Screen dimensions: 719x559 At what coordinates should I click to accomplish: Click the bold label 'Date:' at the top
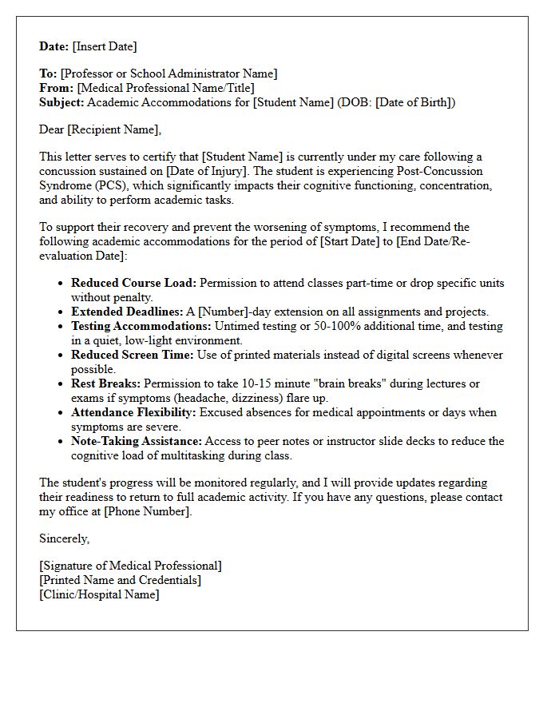(x=55, y=46)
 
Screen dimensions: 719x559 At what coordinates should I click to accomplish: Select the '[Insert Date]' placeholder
(x=105, y=46)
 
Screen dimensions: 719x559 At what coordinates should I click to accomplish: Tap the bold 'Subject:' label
(x=61, y=102)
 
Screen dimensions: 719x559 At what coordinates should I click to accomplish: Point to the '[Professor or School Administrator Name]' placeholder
(x=168, y=73)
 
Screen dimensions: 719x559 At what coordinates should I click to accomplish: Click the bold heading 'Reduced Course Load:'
(x=133, y=283)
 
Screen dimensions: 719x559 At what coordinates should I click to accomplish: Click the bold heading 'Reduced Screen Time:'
(x=132, y=355)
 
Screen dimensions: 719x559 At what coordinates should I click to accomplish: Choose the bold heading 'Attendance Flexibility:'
(x=133, y=412)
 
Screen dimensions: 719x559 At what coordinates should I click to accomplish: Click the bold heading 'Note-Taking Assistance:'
(x=137, y=441)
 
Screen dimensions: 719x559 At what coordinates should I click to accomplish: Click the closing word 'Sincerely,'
(x=65, y=538)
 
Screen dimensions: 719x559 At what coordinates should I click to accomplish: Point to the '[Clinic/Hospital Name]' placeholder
(x=99, y=594)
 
